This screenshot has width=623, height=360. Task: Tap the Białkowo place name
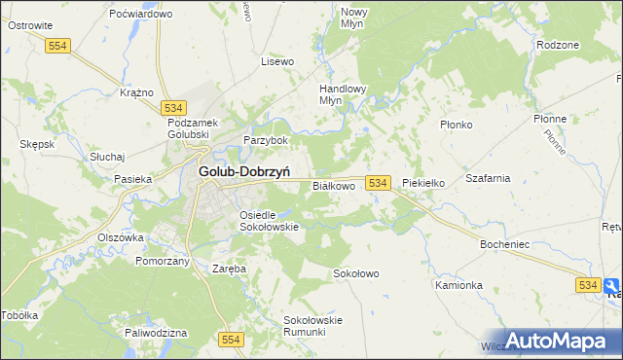point(332,185)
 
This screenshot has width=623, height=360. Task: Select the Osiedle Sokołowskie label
point(268,220)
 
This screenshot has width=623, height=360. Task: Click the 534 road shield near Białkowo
point(379,183)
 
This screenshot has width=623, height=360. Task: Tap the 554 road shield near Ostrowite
point(59,46)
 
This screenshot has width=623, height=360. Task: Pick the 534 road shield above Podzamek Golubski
point(174,107)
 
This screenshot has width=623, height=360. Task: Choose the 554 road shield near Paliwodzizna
point(230,338)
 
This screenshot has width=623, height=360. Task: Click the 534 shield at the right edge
point(587,284)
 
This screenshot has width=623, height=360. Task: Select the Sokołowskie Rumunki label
point(311,325)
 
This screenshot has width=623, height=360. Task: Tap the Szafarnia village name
point(488,179)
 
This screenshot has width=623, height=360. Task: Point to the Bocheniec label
point(504,244)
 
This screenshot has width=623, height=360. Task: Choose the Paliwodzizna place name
point(155,332)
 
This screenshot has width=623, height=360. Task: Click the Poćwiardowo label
point(141,14)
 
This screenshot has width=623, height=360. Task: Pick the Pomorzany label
point(162,262)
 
